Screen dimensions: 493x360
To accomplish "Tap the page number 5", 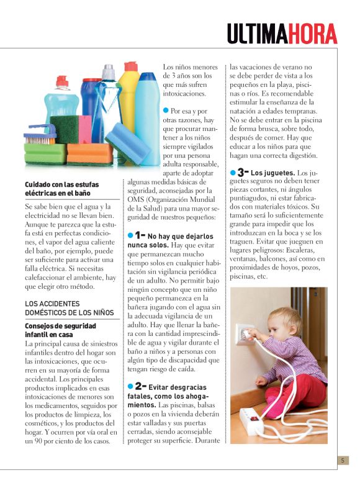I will coord(342,461).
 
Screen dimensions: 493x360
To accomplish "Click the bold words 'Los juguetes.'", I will coord(273,172).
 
